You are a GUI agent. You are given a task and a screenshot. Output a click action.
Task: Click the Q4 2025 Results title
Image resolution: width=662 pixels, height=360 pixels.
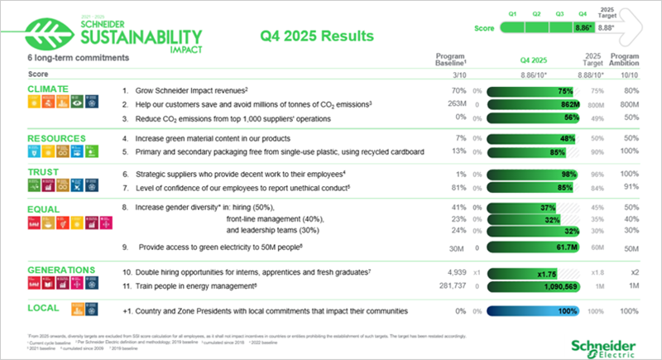tap(316, 36)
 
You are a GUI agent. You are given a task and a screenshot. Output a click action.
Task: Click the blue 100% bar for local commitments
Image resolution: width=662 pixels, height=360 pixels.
tap(530, 311)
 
